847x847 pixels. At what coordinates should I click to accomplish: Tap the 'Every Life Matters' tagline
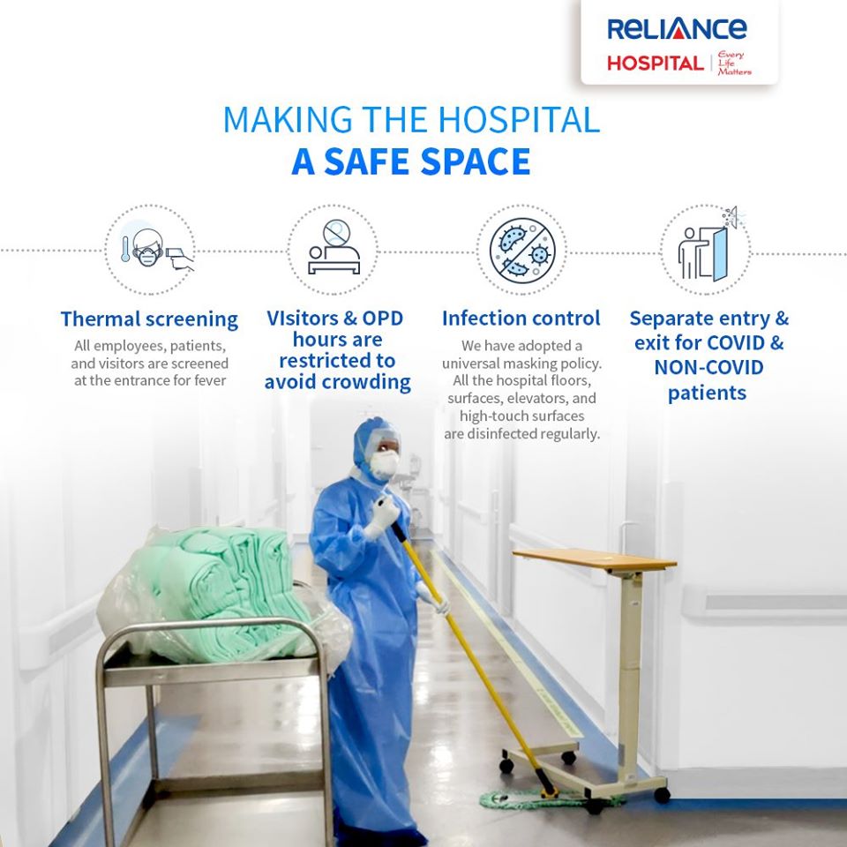tap(734, 63)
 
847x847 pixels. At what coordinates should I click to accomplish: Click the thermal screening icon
tap(150, 250)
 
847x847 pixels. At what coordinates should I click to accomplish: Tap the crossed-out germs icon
tap(521, 250)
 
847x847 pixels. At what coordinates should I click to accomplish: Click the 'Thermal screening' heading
tap(149, 319)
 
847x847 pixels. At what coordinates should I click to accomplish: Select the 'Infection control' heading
tap(521, 319)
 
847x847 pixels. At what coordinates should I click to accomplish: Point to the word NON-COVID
tap(708, 367)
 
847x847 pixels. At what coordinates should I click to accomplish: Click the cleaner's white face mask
tap(386, 464)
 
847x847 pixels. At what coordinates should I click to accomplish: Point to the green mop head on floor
tap(535, 798)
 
